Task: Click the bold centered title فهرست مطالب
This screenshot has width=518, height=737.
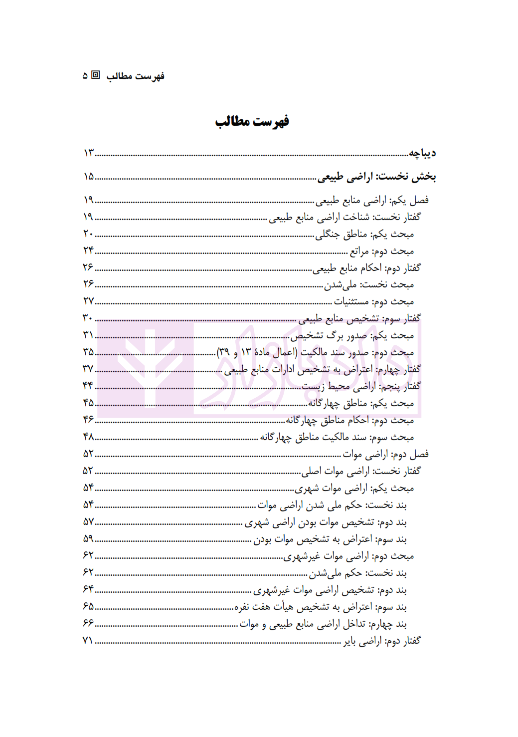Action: pos(252,121)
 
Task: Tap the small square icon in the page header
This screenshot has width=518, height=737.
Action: pos(96,75)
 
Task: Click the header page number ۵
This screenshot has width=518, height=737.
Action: pos(85,76)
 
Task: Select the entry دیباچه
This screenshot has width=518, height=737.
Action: pos(422,153)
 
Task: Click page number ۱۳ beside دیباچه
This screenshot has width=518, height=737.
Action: pos(89,153)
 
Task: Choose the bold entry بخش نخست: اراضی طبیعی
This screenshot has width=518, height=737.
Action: pos(377,176)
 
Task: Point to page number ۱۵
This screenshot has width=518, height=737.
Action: pos(89,176)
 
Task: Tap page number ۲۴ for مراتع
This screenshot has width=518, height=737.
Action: pos(88,250)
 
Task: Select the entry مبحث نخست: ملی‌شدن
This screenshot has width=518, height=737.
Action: pos(369,284)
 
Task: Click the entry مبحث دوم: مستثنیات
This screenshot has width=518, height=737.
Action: pos(374,301)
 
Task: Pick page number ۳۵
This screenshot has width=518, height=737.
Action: pos(88,352)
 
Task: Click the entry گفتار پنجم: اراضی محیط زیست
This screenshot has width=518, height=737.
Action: pos(361,386)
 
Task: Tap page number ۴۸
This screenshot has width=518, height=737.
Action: pos(88,437)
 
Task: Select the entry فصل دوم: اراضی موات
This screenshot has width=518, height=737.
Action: pos(385,454)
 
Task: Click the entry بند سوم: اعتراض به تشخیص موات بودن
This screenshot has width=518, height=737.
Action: pos(330,539)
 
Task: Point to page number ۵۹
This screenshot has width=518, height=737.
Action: pos(88,539)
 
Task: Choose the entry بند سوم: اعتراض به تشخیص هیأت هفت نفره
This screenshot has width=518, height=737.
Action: pos(321,607)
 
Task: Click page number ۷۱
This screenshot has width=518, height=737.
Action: pos(88,640)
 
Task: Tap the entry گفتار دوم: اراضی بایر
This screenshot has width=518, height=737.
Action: pos(382,640)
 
